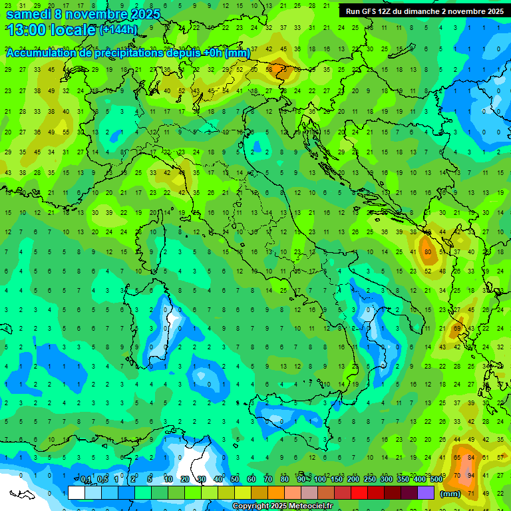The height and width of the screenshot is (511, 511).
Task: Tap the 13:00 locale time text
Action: (x=51, y=30)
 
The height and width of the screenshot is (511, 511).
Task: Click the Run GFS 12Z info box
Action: (x=425, y=11)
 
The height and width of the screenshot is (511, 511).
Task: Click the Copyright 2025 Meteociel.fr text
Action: (x=283, y=506)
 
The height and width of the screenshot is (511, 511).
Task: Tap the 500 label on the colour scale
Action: (x=436, y=479)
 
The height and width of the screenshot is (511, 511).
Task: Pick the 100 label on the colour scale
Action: (x=320, y=479)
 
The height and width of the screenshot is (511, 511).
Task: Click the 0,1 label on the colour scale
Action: (x=86, y=479)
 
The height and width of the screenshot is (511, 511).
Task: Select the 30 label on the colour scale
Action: (x=201, y=479)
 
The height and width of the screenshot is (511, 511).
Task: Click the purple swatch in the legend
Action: (x=426, y=493)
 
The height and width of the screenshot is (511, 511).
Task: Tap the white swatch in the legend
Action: (x=77, y=493)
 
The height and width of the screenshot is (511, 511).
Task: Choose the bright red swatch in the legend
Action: (x=359, y=493)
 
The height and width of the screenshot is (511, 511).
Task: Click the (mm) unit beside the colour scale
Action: (x=450, y=494)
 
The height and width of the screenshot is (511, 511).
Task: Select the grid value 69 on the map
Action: (x=457, y=328)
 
